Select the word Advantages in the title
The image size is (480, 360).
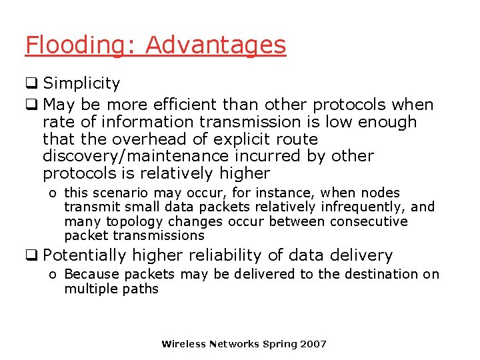pos(215,45)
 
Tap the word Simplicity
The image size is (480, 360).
pos(81,83)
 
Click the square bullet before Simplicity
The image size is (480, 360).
pos(31,83)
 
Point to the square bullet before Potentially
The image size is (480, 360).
pos(31,255)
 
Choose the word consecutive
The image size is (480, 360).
pos(367,221)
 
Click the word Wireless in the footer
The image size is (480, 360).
pos(183,344)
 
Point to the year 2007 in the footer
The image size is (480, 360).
pos(313,344)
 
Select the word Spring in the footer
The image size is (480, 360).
pos(280,344)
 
